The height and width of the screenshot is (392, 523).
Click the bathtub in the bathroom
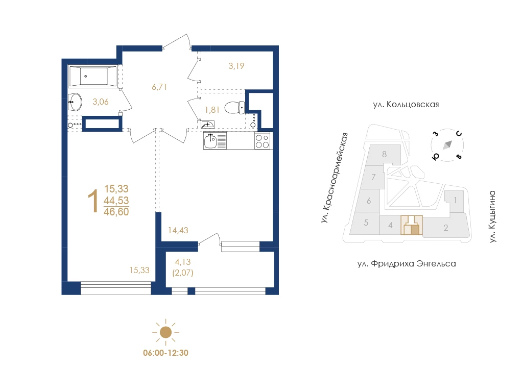[93, 77]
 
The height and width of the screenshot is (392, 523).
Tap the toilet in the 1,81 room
[234, 108]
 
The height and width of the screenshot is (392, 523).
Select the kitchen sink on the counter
[215, 140]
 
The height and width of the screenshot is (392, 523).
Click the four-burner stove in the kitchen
[262, 141]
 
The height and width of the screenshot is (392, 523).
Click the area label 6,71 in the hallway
[159, 87]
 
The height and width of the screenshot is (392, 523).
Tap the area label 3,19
[236, 66]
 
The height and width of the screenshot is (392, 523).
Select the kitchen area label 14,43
[178, 230]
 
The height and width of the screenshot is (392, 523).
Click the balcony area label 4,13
[183, 262]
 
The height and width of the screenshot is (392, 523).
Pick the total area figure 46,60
[116, 212]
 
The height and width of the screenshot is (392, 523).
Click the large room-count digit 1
[93, 201]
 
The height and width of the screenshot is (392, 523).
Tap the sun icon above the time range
[166, 332]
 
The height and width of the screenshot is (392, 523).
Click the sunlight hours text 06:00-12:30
[166, 353]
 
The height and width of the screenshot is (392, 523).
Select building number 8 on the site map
[384, 154]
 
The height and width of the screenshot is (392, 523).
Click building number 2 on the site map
[445, 228]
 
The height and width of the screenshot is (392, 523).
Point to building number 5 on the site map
[366, 223]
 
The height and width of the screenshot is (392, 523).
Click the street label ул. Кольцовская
[406, 104]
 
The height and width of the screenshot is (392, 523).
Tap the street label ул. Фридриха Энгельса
[407, 264]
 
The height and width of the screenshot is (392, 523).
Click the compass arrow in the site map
[447, 144]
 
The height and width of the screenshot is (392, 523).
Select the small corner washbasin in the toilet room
[207, 125]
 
